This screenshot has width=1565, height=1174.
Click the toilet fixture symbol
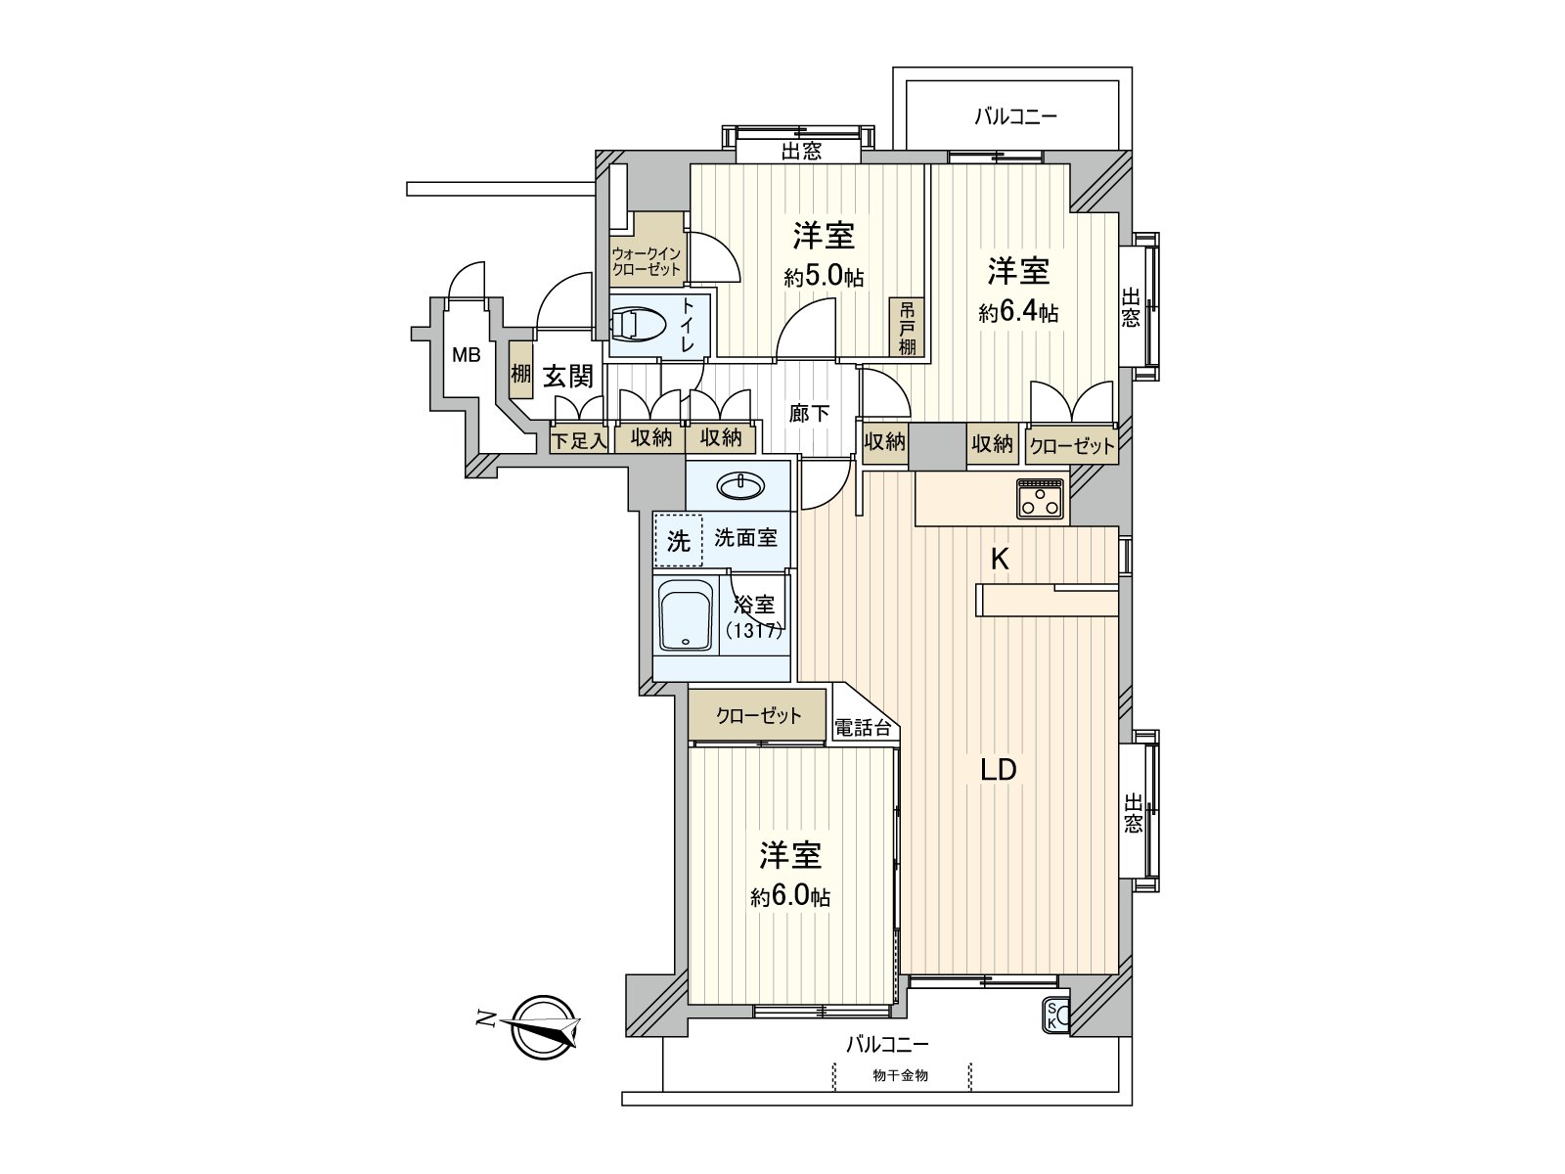(x=638, y=325)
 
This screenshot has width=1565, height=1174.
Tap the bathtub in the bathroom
(x=686, y=615)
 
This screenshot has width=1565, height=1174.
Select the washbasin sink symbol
(x=741, y=487)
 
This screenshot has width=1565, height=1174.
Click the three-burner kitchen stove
(x=1041, y=499)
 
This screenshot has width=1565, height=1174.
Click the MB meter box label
(x=467, y=354)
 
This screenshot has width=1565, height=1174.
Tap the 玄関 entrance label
(x=568, y=376)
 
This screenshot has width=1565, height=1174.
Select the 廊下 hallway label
(x=809, y=414)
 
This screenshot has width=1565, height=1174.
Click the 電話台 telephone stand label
(x=863, y=727)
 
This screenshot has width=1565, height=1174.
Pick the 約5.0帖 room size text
(x=824, y=277)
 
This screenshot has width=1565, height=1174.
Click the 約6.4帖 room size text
(x=1018, y=312)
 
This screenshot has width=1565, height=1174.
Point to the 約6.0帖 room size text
(x=790, y=896)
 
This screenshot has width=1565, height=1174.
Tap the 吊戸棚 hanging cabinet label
(x=907, y=327)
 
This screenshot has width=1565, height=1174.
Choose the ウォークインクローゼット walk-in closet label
(x=646, y=261)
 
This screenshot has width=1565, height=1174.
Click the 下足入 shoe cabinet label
(x=579, y=441)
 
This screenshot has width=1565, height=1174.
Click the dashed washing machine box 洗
(x=679, y=541)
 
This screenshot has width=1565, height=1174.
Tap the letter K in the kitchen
(x=1000, y=561)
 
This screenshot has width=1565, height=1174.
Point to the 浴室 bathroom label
(x=755, y=606)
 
